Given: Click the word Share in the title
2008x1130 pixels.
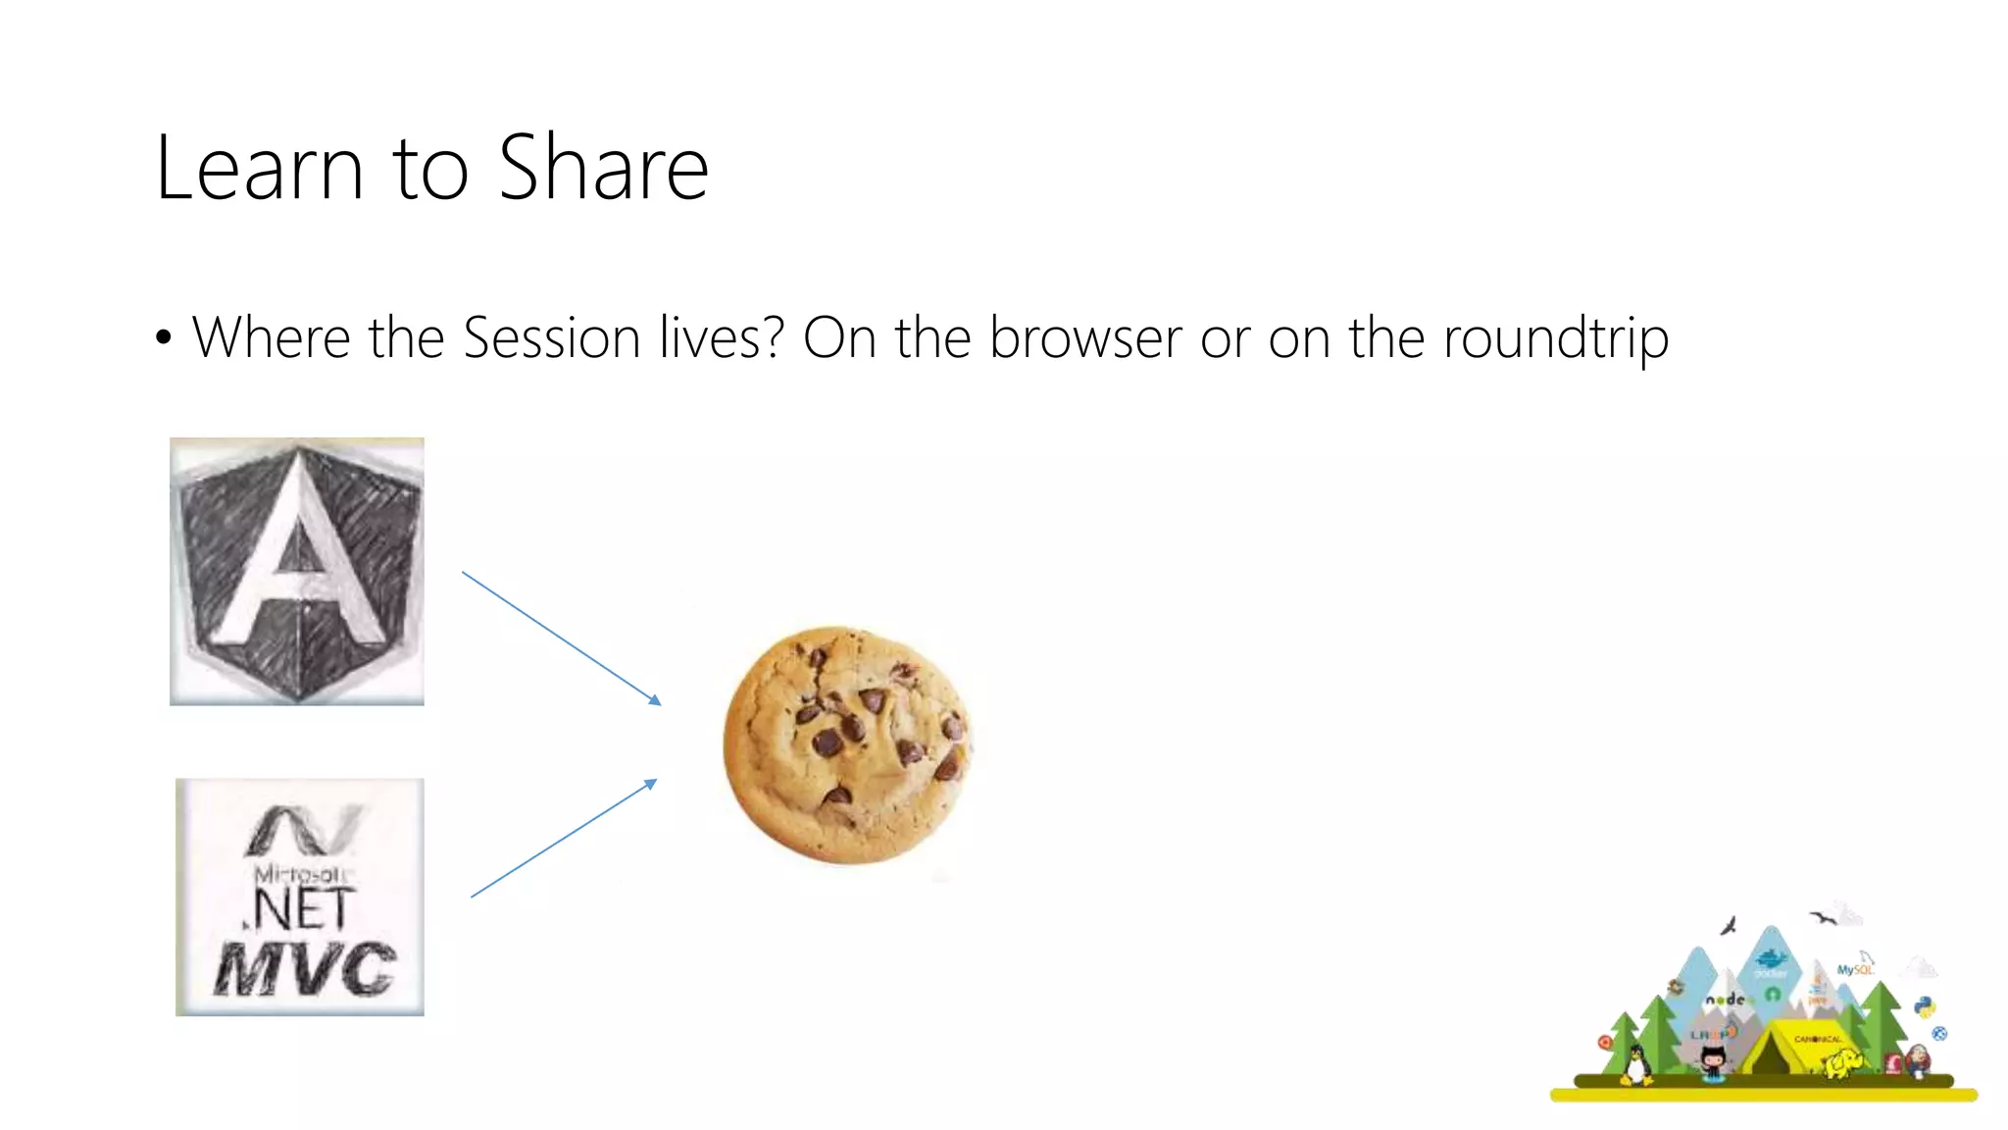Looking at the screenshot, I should point(603,169).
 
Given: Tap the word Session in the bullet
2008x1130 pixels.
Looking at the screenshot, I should point(551,337).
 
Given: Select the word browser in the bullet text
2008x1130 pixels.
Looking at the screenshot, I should point(1085,337).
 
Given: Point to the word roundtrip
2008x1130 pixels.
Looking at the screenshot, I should point(1556,337).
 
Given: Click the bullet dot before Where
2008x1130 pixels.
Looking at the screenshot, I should point(164,338).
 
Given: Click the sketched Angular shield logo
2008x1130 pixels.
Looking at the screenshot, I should point(297,571).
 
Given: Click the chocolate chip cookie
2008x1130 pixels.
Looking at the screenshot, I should point(847,745).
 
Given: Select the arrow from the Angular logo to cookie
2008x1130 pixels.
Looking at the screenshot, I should point(562,639).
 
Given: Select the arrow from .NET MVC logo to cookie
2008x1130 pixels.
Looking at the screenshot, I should point(564,839).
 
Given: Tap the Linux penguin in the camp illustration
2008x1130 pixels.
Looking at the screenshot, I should point(1634,1064).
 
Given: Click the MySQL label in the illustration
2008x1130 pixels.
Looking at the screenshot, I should point(1853,969).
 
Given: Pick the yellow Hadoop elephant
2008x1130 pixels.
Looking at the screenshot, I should point(1843,1062).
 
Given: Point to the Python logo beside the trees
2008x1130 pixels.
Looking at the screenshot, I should point(1924,1007).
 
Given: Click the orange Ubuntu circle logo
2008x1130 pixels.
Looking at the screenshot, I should point(1605,1042).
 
